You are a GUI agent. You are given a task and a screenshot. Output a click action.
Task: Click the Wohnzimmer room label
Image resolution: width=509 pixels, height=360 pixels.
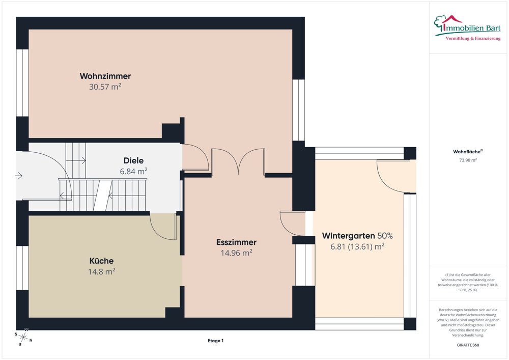click(105, 76)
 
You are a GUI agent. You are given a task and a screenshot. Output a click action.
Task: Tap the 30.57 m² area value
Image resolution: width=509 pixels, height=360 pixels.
click(105, 87)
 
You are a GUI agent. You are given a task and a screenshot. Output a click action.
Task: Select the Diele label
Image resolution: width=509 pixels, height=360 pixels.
click(133, 160)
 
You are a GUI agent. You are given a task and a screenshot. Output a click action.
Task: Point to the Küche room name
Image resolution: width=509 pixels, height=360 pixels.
click(102, 261)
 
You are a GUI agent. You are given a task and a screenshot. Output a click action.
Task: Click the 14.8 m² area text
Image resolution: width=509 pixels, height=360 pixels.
click(102, 271)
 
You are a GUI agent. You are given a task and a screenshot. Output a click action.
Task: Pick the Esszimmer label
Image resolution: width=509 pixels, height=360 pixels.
click(236, 242)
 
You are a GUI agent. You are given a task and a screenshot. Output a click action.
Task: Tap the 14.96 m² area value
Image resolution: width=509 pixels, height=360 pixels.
click(236, 253)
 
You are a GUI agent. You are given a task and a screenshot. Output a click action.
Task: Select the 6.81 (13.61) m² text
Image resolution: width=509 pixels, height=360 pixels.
click(357, 247)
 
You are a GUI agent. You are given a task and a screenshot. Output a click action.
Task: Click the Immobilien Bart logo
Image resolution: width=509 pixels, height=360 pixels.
click(467, 28)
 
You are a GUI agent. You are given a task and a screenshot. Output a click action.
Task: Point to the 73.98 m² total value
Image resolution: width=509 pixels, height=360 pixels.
click(468, 160)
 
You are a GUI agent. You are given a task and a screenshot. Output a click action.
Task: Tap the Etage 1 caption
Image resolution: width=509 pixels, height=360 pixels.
click(215, 341)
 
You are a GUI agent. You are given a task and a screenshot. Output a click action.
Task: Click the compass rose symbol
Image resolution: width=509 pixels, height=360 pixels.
click(23, 337)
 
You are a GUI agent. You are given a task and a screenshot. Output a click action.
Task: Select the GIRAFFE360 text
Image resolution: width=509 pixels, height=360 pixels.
click(468, 345)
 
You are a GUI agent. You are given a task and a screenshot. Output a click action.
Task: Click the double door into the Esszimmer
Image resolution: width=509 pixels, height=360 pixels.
click(238, 161)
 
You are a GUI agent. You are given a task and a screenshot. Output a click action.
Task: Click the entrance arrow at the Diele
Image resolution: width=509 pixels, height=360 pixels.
click(18, 176)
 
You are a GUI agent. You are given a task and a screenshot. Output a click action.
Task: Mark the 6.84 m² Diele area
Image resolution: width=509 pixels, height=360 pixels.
click(133, 171)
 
